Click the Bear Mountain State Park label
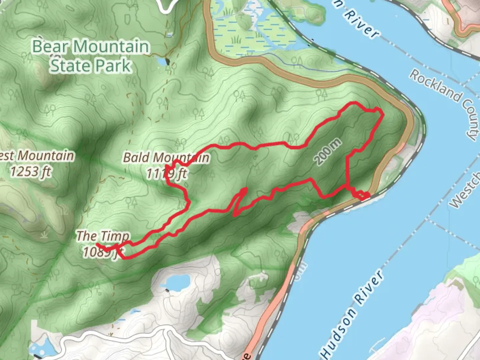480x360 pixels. coord(91,56)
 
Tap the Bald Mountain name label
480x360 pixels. coord(166,157)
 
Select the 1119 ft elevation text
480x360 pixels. coord(166,173)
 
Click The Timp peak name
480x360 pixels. coord(103,236)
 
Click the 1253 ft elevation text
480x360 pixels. coord(31,172)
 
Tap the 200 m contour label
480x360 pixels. coord(328,152)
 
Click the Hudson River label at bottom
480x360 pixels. coord(352,313)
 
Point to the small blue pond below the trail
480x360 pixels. coord(175,283)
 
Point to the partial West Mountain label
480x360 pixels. coord(37,156)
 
